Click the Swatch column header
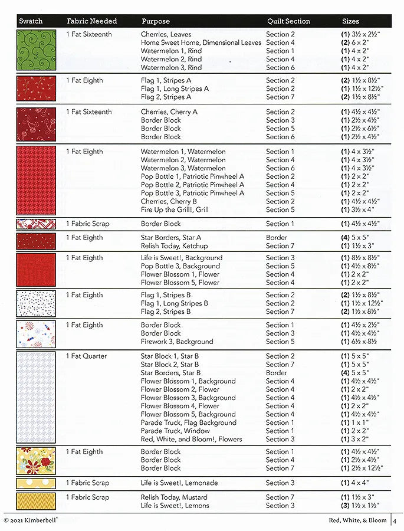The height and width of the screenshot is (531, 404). pos(31,21)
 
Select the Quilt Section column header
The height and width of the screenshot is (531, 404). pos(288,21)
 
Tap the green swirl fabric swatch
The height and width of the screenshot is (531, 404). pos(36,50)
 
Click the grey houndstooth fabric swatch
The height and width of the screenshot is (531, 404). pos(36,397)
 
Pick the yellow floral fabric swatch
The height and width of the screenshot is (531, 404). pos(36,460)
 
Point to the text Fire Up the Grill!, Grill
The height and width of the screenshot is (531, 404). pos(175,209)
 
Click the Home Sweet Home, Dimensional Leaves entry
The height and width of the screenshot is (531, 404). pos(201,43)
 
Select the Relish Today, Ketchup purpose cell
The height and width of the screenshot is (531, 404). pos(174,246)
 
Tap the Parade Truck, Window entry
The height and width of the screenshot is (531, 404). pos(175,431)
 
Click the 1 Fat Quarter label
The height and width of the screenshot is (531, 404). pos(87,356)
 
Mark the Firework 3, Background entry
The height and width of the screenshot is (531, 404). pos(177,342)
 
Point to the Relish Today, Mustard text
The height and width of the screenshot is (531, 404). pos(174,497)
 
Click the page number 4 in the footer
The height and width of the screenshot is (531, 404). pos(395,520)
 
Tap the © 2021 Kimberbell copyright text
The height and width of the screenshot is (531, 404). pos(34,520)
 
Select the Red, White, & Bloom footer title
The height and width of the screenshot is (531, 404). pos(357,520)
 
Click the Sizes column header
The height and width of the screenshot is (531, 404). pos(350,21)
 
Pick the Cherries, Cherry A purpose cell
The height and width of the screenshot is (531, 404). pos(169,112)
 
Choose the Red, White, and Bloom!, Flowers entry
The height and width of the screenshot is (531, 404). pos(191,439)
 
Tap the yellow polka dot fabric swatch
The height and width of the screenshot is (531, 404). pos(36,483)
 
